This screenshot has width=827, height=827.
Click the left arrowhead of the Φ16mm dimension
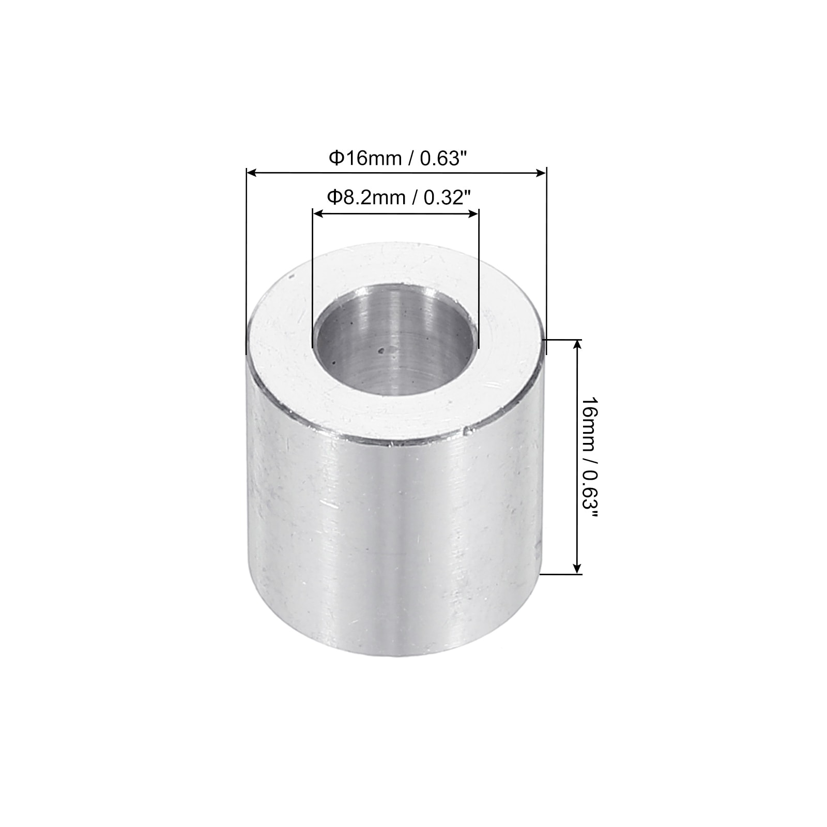pos(251,173)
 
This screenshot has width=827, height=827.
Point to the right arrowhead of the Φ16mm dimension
pos(541,173)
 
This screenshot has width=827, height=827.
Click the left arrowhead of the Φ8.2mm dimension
pos(318,213)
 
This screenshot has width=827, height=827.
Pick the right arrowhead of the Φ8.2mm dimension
pos(474,213)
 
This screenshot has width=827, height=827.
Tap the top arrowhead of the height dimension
pos(577,345)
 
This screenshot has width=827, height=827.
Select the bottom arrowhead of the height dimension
pos(577,568)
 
